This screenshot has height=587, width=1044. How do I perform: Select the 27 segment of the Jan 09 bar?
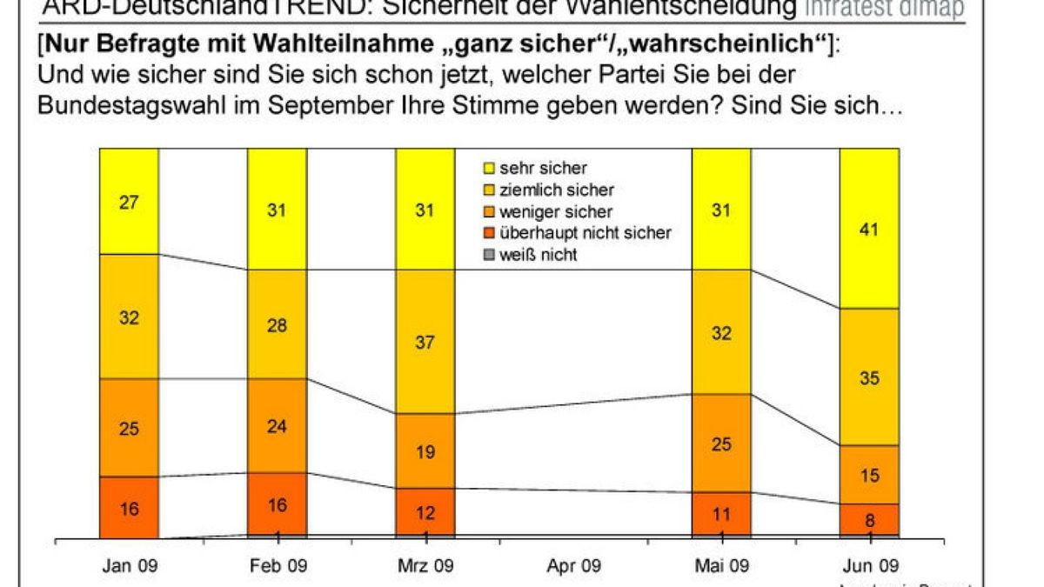(129, 201)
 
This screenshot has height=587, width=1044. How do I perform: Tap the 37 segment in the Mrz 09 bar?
(425, 341)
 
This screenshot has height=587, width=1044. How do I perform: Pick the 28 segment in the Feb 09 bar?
(277, 324)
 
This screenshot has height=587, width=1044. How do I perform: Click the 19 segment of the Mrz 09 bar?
(425, 450)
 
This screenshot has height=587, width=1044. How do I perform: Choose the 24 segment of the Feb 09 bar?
(277, 425)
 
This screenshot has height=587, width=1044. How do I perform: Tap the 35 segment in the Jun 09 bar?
(868, 377)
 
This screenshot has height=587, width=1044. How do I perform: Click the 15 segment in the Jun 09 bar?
(868, 475)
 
